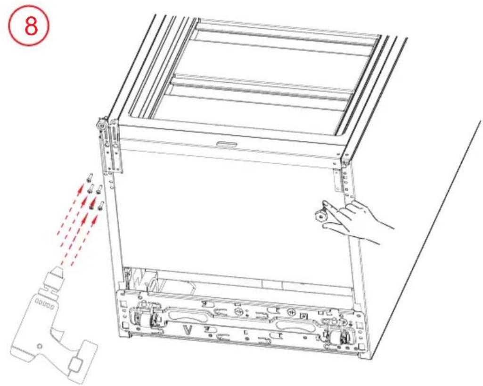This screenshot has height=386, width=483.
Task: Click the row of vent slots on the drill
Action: click(x=45, y=305)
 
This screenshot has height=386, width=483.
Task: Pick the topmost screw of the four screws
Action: click(x=90, y=177)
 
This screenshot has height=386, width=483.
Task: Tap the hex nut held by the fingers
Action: click(x=320, y=216)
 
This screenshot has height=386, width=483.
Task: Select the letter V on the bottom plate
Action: click(x=188, y=330)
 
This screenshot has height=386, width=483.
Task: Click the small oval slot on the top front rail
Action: click(x=227, y=144)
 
